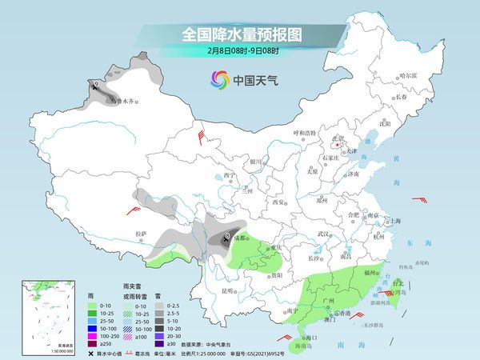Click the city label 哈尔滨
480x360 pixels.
(409, 76)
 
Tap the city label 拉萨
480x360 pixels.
(142, 234)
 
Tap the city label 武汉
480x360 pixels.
(323, 234)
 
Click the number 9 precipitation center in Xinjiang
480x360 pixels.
(96, 83)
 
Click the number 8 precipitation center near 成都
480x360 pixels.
(227, 235)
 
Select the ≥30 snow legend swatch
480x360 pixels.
(161, 344)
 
